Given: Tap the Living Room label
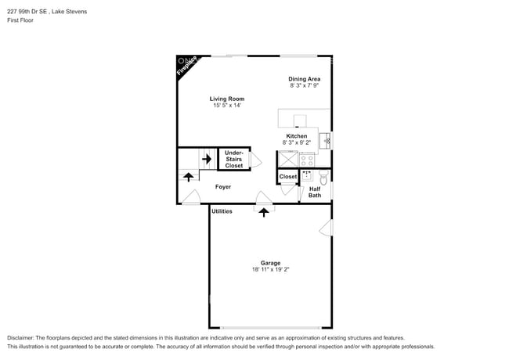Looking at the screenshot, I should tap(227, 99).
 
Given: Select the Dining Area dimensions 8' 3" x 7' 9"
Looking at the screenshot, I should tap(305, 85).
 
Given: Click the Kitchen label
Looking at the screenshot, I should tap(296, 136).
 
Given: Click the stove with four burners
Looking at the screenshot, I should tap(307, 159).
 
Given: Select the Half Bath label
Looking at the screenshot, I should tap(314, 192).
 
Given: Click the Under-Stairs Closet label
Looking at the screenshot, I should tap(234, 159).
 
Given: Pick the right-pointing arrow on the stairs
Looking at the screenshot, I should tap(207, 159).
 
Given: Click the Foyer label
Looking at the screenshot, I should tap(223, 187).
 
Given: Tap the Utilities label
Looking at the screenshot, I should tap(222, 211).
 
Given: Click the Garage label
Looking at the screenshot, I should tap(270, 263).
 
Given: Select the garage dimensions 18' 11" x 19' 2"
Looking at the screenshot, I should tap(270, 270).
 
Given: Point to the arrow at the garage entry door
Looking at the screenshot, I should tap(264, 211).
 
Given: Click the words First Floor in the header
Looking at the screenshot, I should tap(23, 22).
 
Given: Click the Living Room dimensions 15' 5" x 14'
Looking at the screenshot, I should tap(227, 106).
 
